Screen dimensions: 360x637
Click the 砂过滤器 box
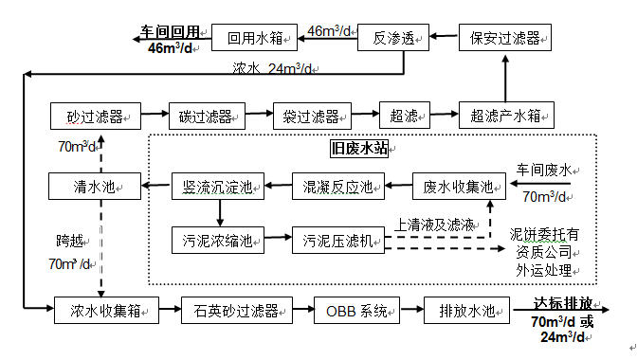pos(96,117)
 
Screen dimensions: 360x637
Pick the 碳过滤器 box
pos(207,117)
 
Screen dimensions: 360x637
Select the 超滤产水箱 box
pos(505,117)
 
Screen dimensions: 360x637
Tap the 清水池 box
pos(96,187)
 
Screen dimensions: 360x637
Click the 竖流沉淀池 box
pos(215,187)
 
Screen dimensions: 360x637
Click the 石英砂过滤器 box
pos(236,310)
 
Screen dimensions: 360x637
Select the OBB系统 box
pos(357,310)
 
